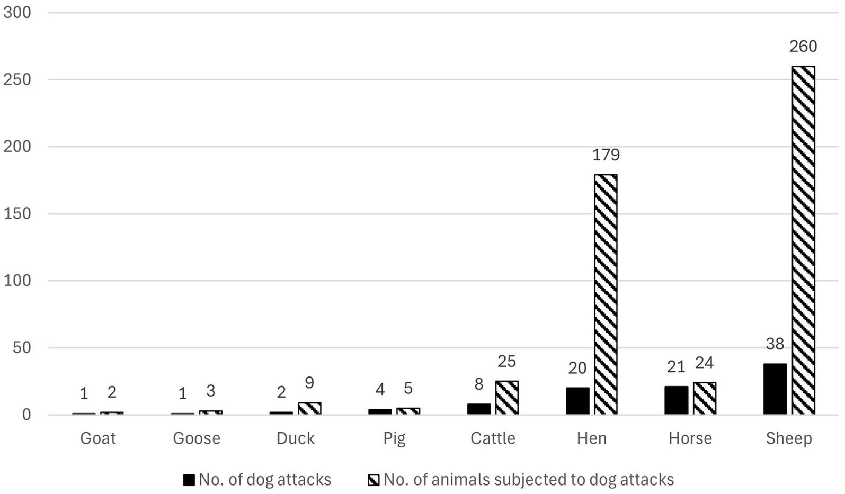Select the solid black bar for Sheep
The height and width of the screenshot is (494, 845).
coord(775,389)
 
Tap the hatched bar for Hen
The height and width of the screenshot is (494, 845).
coord(606,294)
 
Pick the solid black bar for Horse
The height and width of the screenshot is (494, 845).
coord(676,400)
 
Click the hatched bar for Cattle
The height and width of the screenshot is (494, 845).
coord(506,398)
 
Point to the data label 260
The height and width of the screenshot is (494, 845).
coord(803,47)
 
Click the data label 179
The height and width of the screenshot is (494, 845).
coord(606,155)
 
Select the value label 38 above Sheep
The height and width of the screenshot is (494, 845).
coord(775,344)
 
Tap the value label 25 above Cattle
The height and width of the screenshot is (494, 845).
coord(506,361)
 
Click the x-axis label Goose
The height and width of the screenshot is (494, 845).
coord(197,438)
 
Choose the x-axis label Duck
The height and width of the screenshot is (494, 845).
coord(296,438)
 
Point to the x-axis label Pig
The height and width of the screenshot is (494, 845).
coord(394,439)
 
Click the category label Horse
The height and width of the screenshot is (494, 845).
coord(690,438)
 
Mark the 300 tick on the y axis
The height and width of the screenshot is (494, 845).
coord(17,13)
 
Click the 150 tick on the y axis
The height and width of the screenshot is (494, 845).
coord(17,214)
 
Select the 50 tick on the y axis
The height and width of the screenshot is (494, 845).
coord(21,348)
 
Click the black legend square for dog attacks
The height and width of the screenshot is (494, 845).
coord(189,480)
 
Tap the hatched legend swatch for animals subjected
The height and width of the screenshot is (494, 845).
coord(373,480)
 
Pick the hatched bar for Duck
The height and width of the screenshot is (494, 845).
coord(309,408)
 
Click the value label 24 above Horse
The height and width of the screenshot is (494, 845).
coord(704,363)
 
